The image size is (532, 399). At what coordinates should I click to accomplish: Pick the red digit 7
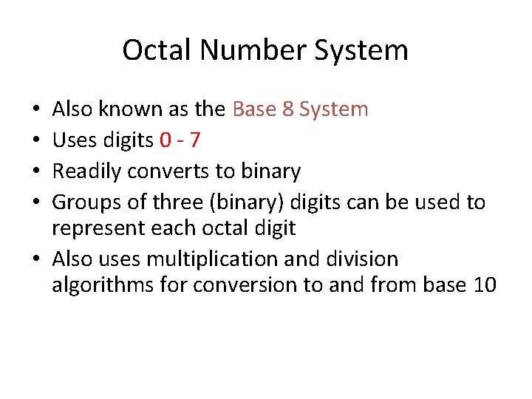pos(194,140)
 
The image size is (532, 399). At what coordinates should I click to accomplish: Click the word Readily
pos(86,171)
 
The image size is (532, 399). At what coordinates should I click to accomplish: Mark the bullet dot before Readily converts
pos(37,172)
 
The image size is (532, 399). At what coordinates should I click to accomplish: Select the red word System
pos(333,109)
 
